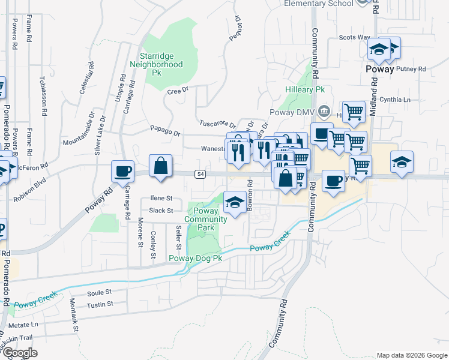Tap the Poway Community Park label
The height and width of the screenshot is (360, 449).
pos(206,219)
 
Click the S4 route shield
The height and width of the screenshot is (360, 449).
pos(200,174)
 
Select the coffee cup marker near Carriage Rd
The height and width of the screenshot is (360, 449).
pos(122,171)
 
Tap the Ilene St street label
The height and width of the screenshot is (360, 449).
pos(161,198)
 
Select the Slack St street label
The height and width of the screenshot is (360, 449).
pos(161,211)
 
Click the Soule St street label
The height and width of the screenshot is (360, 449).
pos(100,293)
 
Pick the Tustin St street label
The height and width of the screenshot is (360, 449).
pos(100,305)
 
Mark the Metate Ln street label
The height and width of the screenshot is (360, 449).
pos(26,324)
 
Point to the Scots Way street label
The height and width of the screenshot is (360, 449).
pos(355,37)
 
